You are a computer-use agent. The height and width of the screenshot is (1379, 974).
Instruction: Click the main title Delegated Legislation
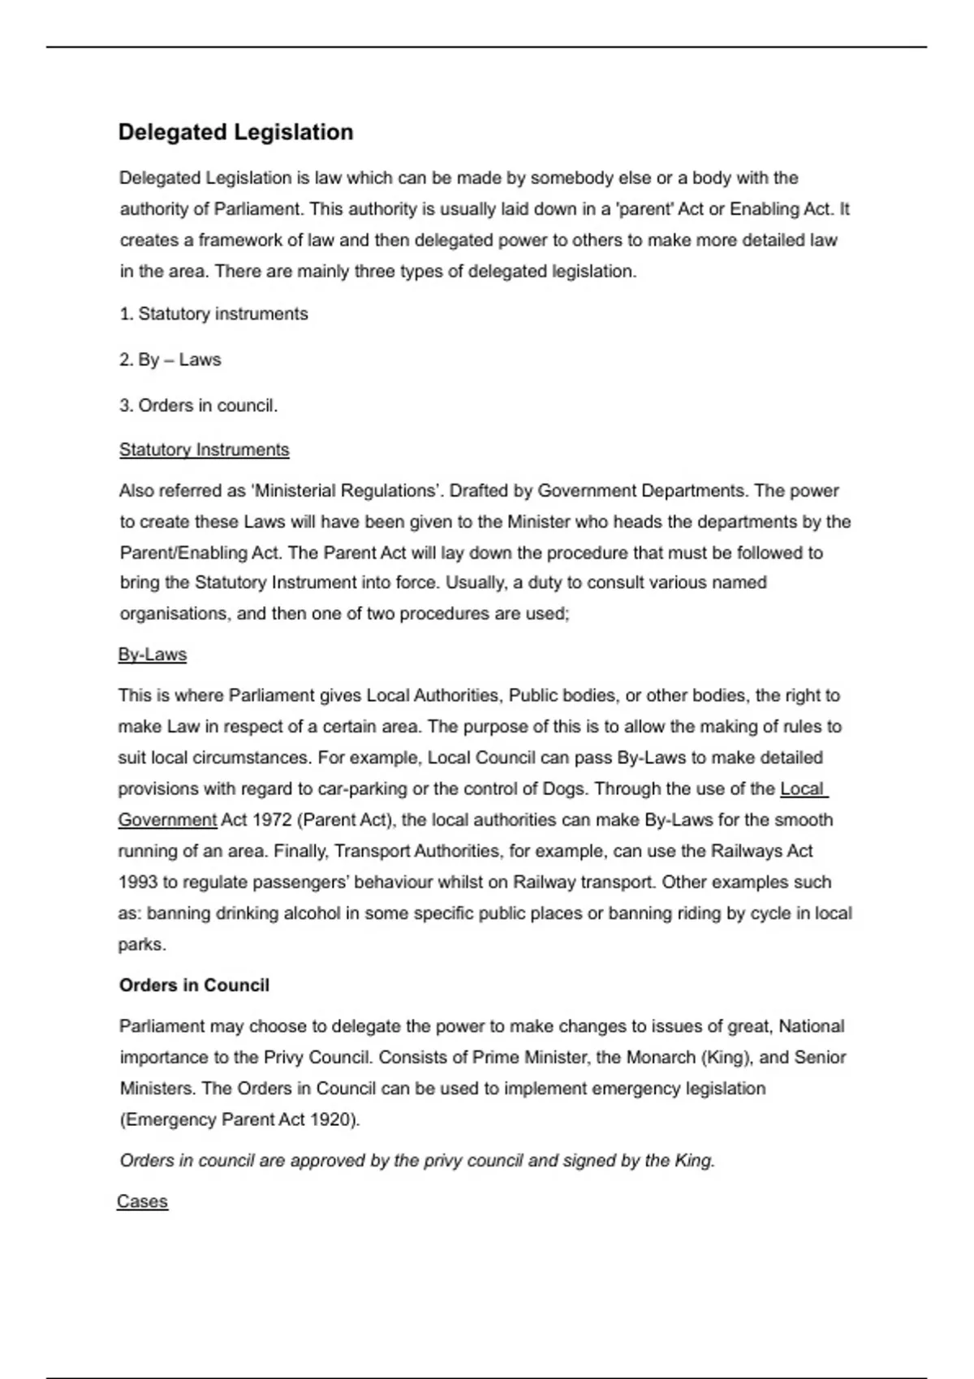[235, 132]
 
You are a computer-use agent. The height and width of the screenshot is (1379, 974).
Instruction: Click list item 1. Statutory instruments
[213, 314]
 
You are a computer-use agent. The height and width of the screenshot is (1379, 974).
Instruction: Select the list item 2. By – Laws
[170, 359]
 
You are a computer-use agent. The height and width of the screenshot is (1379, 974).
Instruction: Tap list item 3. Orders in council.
[198, 406]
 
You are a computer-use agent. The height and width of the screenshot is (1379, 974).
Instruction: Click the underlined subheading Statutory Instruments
[204, 449]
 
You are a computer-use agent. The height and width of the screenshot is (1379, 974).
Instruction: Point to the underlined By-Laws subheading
[152, 655]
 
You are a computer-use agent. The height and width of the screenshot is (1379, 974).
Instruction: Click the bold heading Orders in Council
[194, 986]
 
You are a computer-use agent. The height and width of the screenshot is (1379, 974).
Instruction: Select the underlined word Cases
[142, 1201]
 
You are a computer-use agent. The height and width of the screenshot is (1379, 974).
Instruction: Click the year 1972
[272, 820]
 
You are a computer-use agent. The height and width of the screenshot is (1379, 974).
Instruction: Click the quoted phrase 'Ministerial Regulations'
[345, 491]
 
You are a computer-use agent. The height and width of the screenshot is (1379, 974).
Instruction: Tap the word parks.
[142, 945]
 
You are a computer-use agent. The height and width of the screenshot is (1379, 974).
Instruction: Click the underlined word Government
[167, 820]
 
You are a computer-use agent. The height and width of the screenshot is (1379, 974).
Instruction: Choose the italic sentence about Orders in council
[417, 1161]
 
